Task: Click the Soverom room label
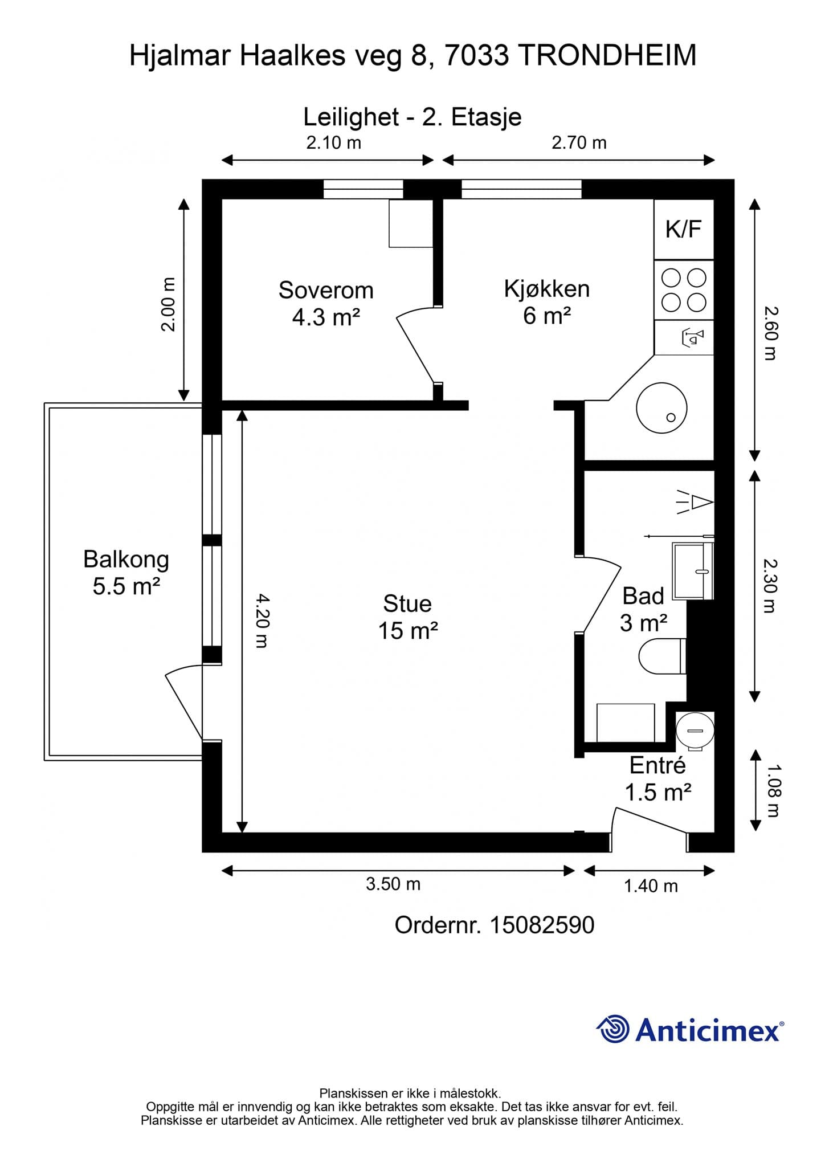(326, 303)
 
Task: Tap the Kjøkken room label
(547, 301)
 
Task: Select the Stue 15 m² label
(407, 617)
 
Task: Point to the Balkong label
(126, 572)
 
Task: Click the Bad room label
(643, 609)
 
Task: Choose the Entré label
(658, 778)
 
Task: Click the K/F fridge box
(684, 229)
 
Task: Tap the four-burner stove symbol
(684, 290)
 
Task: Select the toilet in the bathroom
(663, 656)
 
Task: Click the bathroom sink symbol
(693, 570)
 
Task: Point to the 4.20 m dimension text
(260, 621)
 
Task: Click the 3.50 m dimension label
(393, 884)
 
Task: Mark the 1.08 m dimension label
(774, 790)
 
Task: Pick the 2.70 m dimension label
(579, 142)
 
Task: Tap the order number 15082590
(542, 925)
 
